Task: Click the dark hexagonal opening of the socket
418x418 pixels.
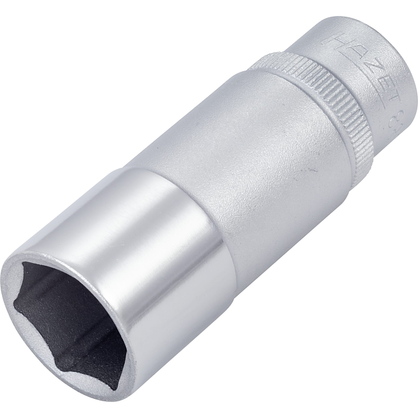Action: (x=70, y=320)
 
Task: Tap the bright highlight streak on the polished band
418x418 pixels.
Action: (x=115, y=211)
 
